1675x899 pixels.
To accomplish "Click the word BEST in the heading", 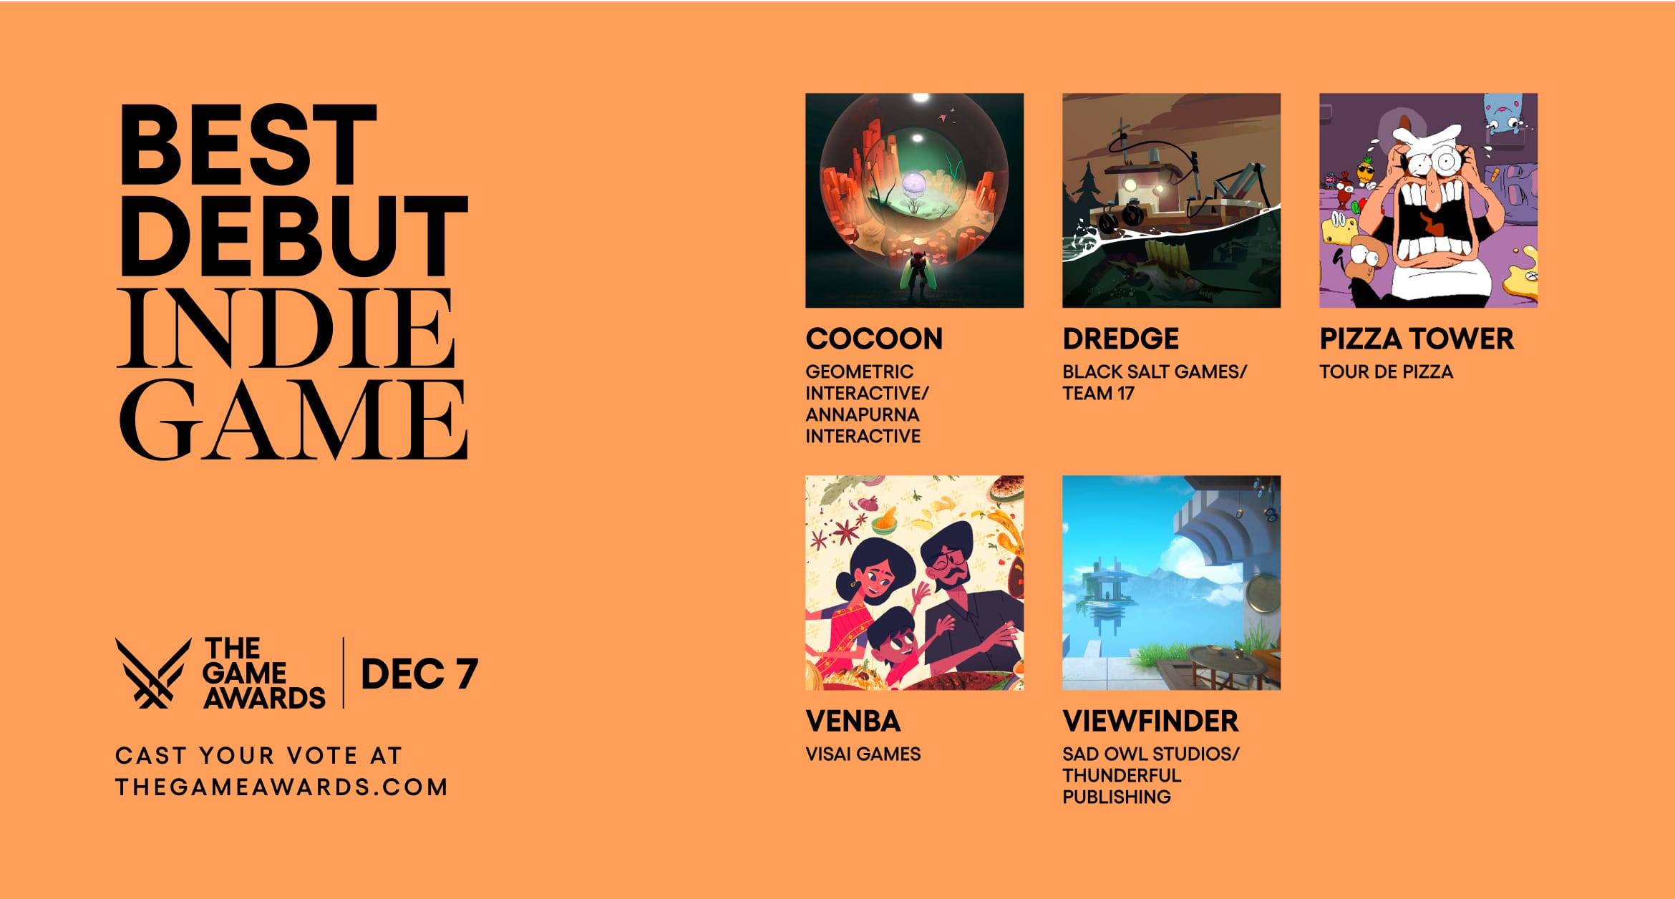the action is pos(248,145).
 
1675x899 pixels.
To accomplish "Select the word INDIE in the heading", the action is pos(286,329).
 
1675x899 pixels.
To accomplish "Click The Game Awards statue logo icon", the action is pos(153,673).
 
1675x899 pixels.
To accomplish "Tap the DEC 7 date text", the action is pos(419,674).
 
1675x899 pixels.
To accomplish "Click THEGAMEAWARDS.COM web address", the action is pos(281,787).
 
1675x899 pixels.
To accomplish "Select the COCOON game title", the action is pos(874,339).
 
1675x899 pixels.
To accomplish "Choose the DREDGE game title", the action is pos(1120,339).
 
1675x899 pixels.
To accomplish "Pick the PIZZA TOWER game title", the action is pos(1417,339).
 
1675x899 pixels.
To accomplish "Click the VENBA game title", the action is pos(853,721).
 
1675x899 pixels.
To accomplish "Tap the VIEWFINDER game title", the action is pos(1150,721).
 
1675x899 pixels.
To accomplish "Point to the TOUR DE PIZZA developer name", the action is pos(1386,371).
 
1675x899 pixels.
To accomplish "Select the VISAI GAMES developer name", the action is pos(863,754).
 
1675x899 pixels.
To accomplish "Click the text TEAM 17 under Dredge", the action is pos(1098,393).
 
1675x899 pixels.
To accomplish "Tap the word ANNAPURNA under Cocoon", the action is pos(862,414).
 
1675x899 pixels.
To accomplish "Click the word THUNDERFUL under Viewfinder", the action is pos(1121,775).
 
